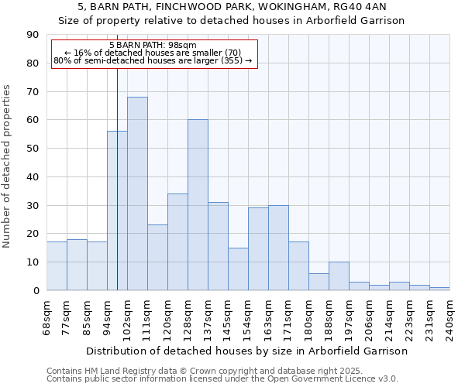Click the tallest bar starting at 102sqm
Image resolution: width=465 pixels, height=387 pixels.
(x=137, y=193)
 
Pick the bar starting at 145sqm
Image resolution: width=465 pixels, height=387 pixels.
(x=238, y=269)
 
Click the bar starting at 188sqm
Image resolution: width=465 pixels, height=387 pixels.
(x=339, y=276)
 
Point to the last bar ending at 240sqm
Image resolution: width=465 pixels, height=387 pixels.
(x=439, y=289)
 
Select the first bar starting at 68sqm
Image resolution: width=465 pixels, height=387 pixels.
(x=57, y=266)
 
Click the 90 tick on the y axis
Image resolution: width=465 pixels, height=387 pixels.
(x=33, y=35)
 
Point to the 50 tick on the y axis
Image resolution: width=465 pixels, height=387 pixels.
(x=33, y=149)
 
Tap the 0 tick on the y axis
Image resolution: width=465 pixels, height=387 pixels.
(x=36, y=290)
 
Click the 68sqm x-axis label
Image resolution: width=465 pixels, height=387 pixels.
(x=47, y=317)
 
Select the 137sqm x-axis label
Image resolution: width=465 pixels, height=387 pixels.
(x=208, y=317)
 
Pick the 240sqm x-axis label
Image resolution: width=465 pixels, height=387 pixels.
(x=449, y=317)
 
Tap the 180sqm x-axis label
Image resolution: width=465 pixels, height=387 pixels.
(x=308, y=317)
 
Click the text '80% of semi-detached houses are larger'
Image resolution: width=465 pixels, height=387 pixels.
(x=153, y=60)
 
